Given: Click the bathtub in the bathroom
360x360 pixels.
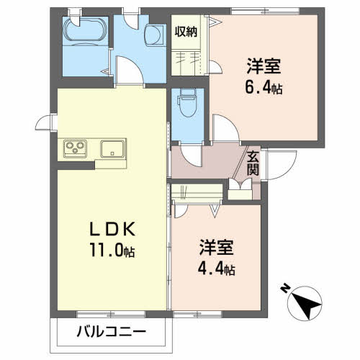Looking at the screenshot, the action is pos(86,30).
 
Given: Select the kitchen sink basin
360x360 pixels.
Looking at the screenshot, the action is pos(113,149).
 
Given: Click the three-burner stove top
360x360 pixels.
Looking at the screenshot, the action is pos(76,149).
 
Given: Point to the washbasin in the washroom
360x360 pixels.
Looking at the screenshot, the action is pos(154,35).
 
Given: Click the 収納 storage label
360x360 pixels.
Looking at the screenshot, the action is pos(186,32).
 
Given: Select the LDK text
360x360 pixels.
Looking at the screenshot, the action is pos(112,230).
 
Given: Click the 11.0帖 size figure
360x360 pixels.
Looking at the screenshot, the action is pos(112,250).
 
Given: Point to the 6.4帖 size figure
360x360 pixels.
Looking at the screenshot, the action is pos(264,86).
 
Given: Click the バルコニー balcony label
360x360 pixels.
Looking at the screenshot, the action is pos(112,333).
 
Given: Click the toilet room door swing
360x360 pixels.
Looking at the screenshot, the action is pos(191,156).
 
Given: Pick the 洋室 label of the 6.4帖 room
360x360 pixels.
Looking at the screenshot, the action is pos(264,66).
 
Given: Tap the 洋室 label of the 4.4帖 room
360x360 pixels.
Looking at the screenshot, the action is pos(216,247).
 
